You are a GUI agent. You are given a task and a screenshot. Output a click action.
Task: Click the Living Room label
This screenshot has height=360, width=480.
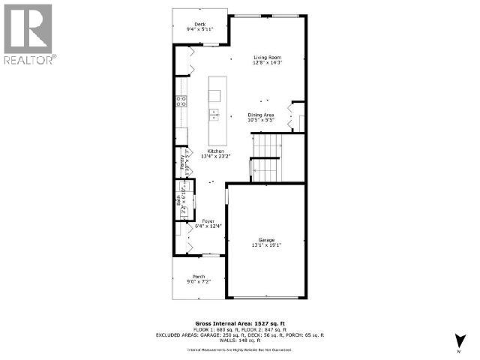pos(267,58)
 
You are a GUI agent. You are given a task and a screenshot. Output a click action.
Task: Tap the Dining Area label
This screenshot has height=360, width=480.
pos(261,115)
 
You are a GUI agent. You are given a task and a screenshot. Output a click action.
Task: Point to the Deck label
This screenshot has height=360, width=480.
pos(199,25)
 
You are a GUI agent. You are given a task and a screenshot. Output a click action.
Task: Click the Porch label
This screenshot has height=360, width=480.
pos(199,276)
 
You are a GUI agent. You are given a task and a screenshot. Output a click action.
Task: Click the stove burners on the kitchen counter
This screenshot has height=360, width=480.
pos(181,101)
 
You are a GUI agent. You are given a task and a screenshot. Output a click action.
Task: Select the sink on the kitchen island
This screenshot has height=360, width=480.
pos(214,114)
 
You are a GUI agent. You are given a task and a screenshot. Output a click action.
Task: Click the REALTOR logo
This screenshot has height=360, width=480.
pos(28,33)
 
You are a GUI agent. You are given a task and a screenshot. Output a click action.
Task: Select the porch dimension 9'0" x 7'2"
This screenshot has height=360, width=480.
pos(199,282)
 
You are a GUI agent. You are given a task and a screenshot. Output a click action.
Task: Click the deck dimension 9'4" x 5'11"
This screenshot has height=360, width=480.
pos(199,30)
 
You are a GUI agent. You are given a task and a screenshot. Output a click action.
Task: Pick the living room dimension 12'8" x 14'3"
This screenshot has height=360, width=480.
pos(267,63)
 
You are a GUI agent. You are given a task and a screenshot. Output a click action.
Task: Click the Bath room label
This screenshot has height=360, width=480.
pos(178,200)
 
